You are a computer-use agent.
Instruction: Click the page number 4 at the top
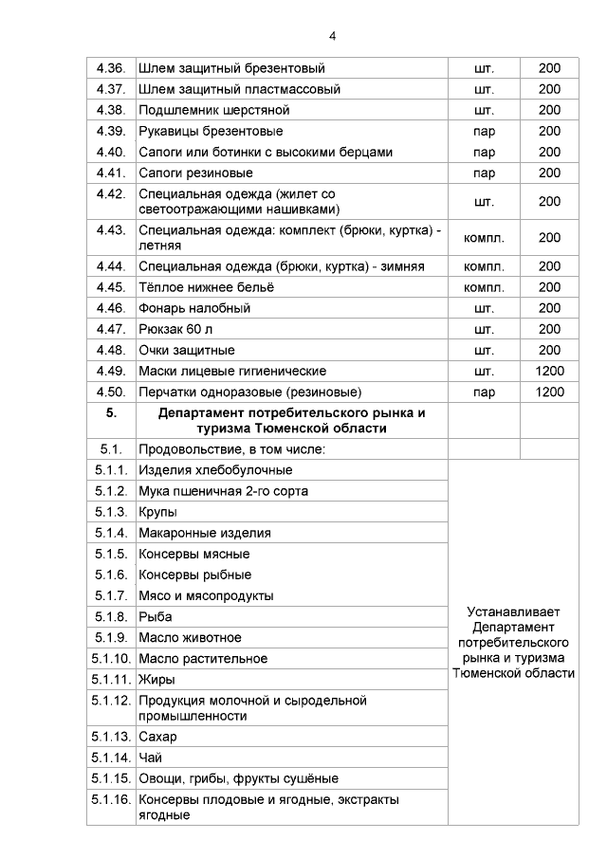[332, 36]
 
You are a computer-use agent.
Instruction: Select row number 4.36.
[111, 68]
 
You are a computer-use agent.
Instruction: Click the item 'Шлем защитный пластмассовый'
[239, 89]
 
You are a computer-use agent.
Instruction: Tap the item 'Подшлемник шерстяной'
[213, 110]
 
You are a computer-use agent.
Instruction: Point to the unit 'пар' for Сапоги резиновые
[483, 173]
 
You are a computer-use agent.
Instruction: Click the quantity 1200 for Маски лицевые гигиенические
[549, 371]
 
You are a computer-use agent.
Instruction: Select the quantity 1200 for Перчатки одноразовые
[549, 392]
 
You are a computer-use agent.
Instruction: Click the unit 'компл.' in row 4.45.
[483, 287]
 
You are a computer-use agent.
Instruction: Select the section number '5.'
[111, 413]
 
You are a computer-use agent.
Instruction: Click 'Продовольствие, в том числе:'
[231, 448]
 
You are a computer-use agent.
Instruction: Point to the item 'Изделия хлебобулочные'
[215, 470]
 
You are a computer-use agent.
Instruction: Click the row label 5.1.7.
[111, 595]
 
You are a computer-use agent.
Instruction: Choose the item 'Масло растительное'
[203, 658]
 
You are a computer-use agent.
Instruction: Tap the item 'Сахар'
[157, 737]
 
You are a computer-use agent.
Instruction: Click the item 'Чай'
[150, 758]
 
